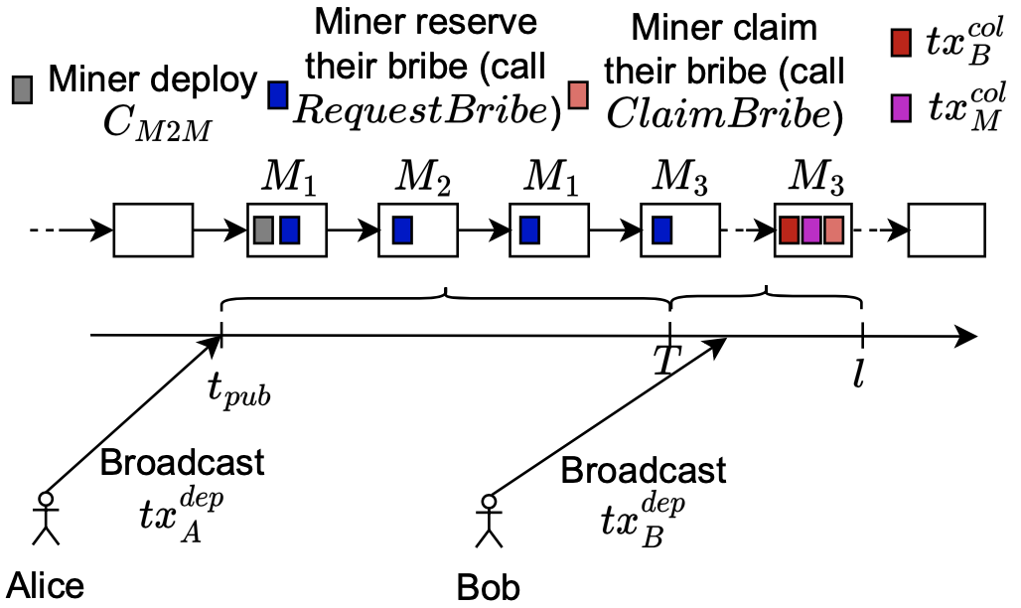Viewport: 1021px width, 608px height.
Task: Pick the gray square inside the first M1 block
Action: point(264,229)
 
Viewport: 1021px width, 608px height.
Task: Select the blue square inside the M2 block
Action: point(402,229)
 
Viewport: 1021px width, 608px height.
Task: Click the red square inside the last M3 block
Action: point(789,229)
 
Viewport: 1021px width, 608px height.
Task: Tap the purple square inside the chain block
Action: point(811,229)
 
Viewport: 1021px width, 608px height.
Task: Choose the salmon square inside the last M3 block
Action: point(833,229)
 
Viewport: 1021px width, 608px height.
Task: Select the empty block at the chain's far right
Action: point(948,230)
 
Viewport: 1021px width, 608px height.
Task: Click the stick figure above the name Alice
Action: point(44,516)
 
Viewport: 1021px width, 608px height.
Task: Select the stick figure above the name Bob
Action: point(487,520)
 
